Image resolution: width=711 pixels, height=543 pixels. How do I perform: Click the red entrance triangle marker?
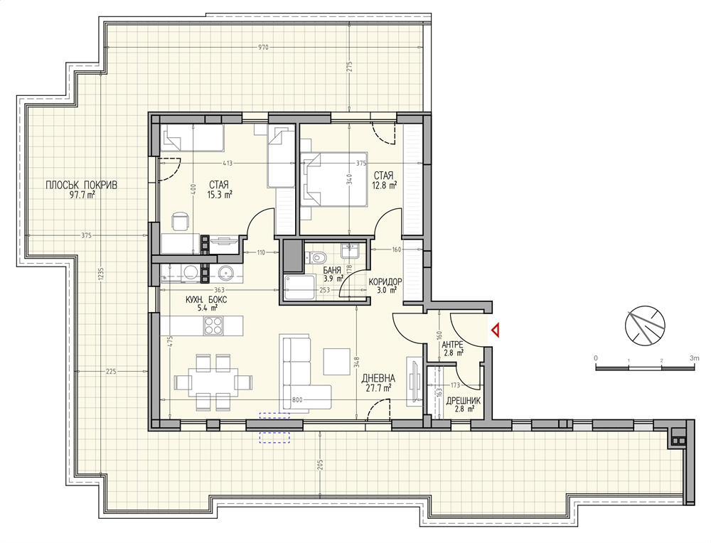[x=496, y=330]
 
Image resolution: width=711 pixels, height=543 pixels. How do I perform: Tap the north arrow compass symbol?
[x=645, y=325]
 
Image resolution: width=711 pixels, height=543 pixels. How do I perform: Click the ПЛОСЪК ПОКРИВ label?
[x=81, y=185]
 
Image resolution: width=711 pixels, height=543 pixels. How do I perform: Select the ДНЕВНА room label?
[x=378, y=379]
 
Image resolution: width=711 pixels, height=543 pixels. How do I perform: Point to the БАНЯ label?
[x=331, y=271]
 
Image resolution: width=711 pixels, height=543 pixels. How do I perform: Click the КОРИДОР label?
[x=385, y=281]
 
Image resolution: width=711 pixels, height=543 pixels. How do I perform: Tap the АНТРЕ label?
[x=452, y=345]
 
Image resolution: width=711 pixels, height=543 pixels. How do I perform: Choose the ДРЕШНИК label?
[x=463, y=401]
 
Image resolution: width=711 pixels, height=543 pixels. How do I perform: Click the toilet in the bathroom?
[x=317, y=258]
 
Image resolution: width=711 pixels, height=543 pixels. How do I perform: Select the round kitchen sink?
[x=225, y=273]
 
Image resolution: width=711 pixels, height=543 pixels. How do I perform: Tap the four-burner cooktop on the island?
[x=213, y=325]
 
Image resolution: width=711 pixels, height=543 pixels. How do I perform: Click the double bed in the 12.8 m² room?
[x=333, y=179]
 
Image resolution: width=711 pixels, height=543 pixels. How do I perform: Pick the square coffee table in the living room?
[x=336, y=361]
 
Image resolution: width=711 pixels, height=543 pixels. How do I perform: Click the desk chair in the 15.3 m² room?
[x=181, y=222]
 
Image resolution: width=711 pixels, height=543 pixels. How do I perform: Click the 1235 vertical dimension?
[x=101, y=274]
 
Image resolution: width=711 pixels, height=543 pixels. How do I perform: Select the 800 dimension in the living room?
[x=297, y=399]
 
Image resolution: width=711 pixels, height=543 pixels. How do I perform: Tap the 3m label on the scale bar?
[x=694, y=358]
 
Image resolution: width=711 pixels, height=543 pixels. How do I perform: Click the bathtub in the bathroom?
[x=299, y=287]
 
